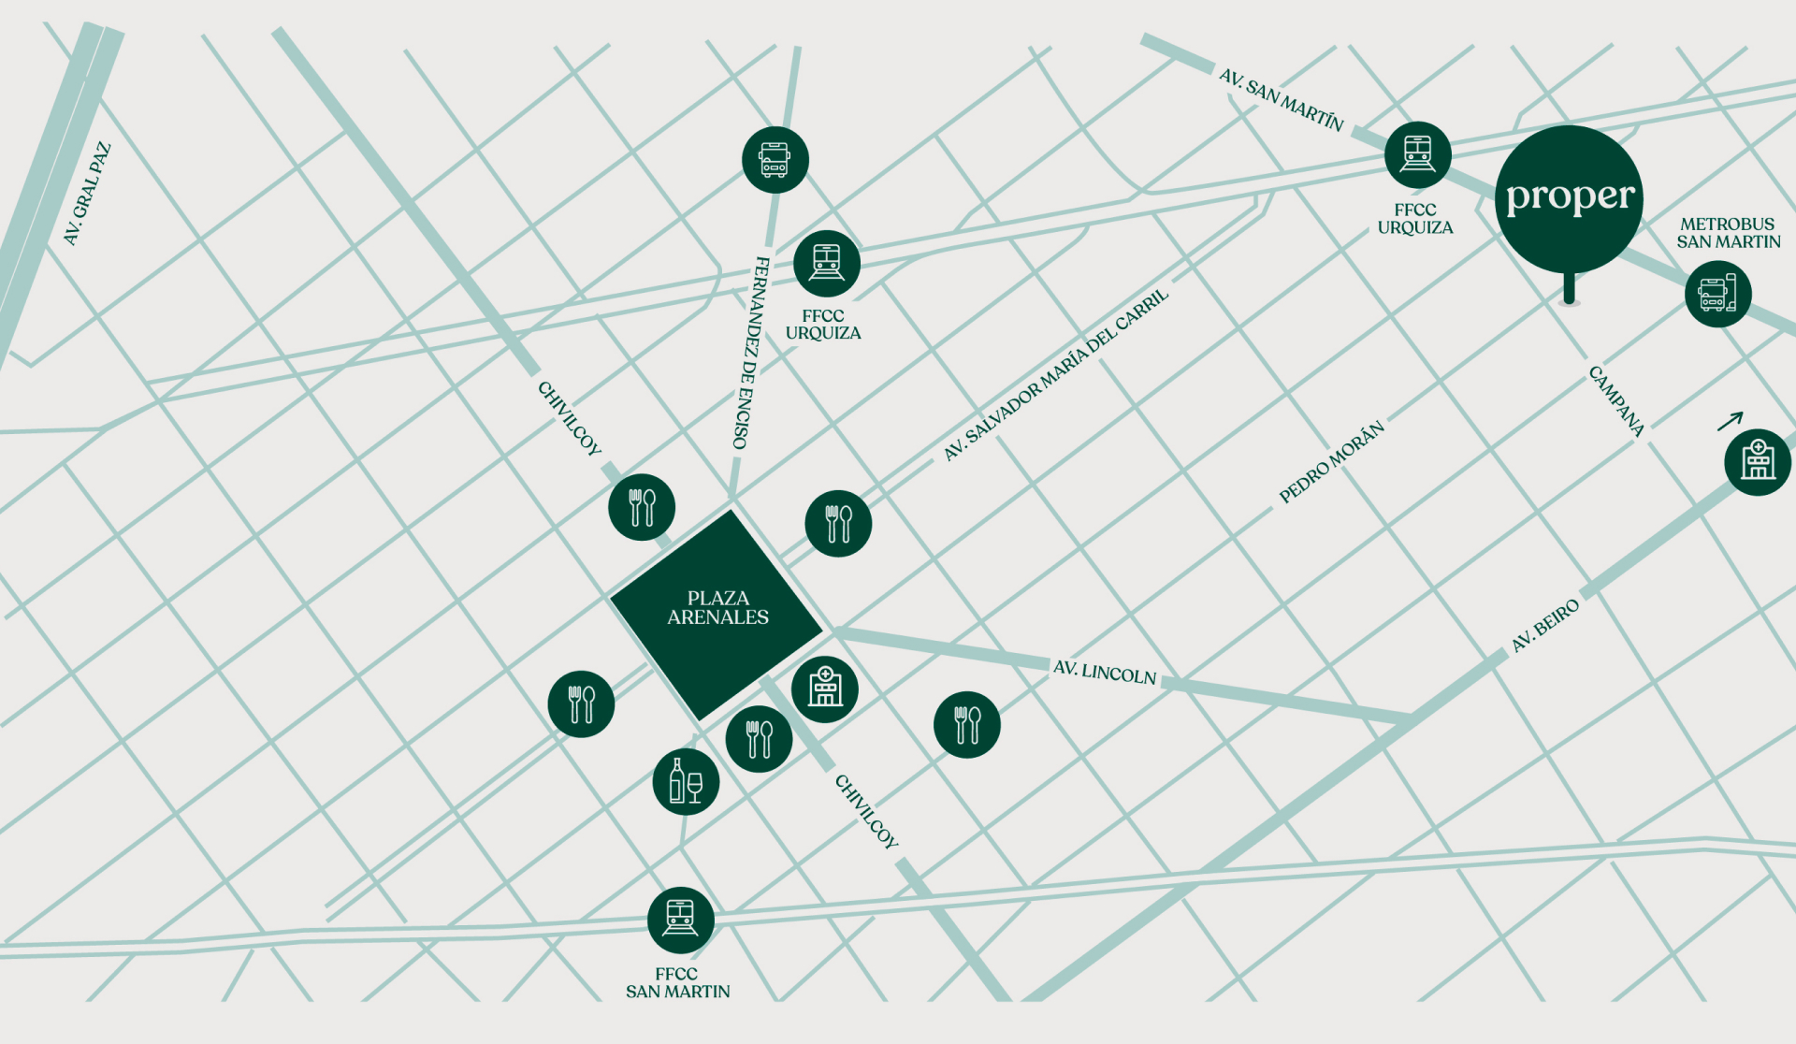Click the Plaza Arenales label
click(x=717, y=608)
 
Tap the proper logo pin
click(x=1569, y=198)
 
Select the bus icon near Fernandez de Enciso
click(x=775, y=160)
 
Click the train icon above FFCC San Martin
click(x=680, y=920)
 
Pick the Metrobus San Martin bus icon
click(x=1717, y=294)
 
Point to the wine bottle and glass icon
click(x=686, y=781)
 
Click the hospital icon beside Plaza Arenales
click(x=824, y=689)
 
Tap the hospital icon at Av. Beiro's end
click(x=1757, y=461)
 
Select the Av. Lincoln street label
click(x=1105, y=672)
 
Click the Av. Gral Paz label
click(x=87, y=194)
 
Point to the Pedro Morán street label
click(x=1331, y=462)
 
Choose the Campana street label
click(x=1616, y=400)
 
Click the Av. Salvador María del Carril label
click(x=1055, y=375)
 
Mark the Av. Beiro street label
click(x=1545, y=625)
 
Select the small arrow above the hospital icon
click(x=1731, y=421)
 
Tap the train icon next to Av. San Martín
click(x=1417, y=154)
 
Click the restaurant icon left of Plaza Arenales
click(x=581, y=703)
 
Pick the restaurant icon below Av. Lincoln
click(x=966, y=724)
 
